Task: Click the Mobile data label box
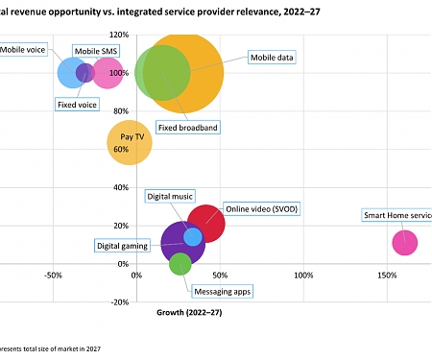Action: [272, 57]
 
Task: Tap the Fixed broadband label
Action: [189, 127]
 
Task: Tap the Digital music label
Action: [169, 196]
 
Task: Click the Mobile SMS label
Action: [97, 49]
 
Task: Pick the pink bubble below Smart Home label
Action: [405, 243]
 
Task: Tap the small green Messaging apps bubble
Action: [180, 264]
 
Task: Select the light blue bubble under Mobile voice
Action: [71, 72]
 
